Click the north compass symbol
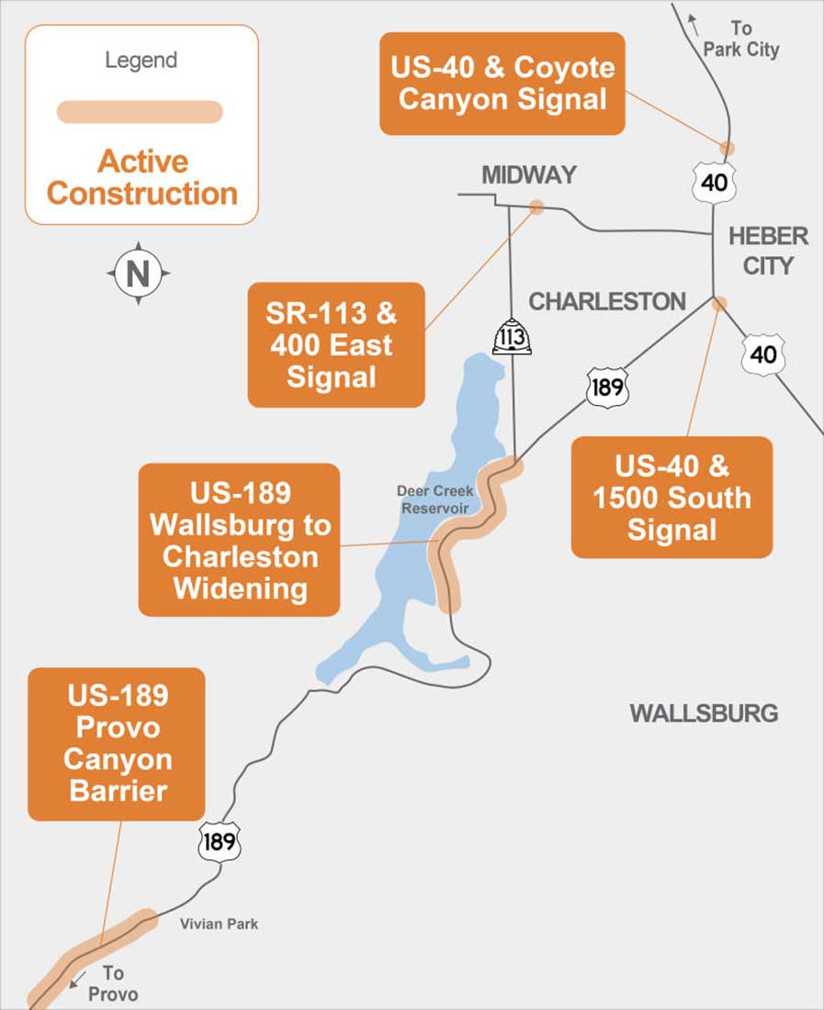click(x=139, y=273)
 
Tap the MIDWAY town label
click(x=529, y=174)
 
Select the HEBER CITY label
click(x=768, y=251)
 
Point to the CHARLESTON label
click(x=607, y=301)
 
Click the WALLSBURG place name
click(x=704, y=713)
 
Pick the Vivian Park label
click(x=219, y=924)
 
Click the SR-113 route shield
click(x=511, y=337)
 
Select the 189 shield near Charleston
click(x=607, y=387)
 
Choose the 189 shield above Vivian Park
click(x=220, y=840)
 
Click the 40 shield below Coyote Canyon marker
click(x=714, y=181)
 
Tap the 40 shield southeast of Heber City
click(x=763, y=353)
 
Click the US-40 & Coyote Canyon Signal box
click(x=502, y=84)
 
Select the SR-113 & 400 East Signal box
click(x=336, y=344)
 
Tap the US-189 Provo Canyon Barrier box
click(x=117, y=744)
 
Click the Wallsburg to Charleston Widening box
click(x=239, y=540)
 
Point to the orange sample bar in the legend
click(x=140, y=111)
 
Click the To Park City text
click(x=740, y=39)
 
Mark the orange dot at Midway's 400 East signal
click(x=536, y=208)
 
